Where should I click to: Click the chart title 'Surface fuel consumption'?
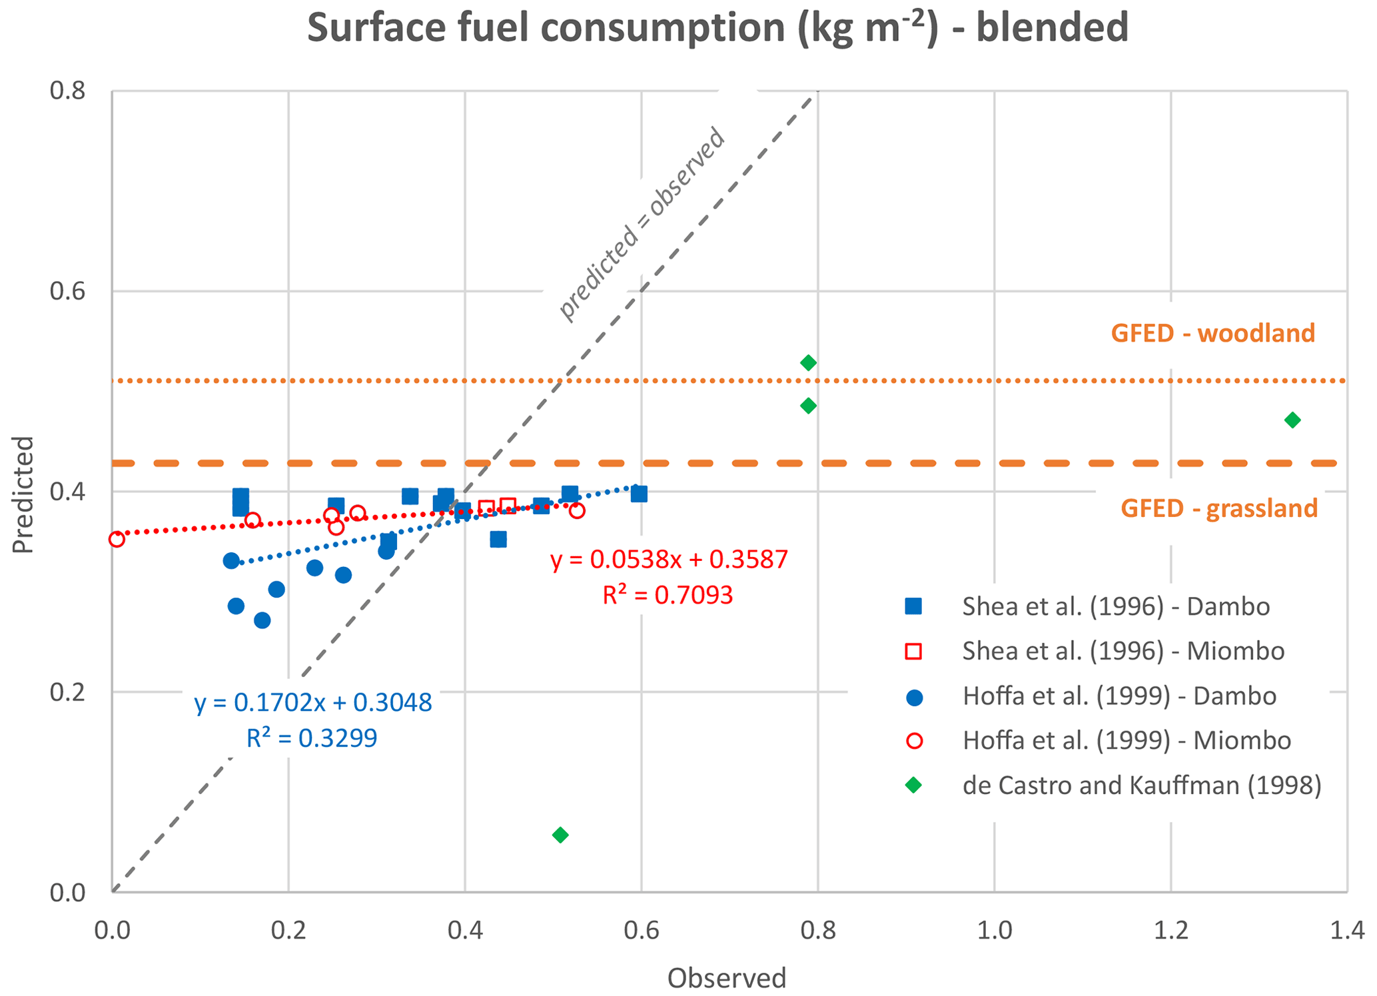tap(717, 28)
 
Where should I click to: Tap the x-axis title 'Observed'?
tap(727, 977)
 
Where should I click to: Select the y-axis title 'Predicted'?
tap(23, 494)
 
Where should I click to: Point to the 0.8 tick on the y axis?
tap(68, 91)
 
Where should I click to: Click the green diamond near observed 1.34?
tap(1292, 420)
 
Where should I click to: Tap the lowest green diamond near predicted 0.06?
tap(560, 835)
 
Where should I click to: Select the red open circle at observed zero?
tap(117, 539)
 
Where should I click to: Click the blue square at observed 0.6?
tap(639, 494)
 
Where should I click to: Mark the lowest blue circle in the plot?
tap(262, 620)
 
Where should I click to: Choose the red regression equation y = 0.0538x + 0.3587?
tap(669, 560)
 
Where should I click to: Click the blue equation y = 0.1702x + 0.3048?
tap(313, 703)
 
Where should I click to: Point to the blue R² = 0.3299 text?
tap(312, 738)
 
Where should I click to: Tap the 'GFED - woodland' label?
tap(1212, 333)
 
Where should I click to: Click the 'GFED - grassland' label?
tap(1218, 508)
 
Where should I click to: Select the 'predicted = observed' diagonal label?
tap(641, 223)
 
